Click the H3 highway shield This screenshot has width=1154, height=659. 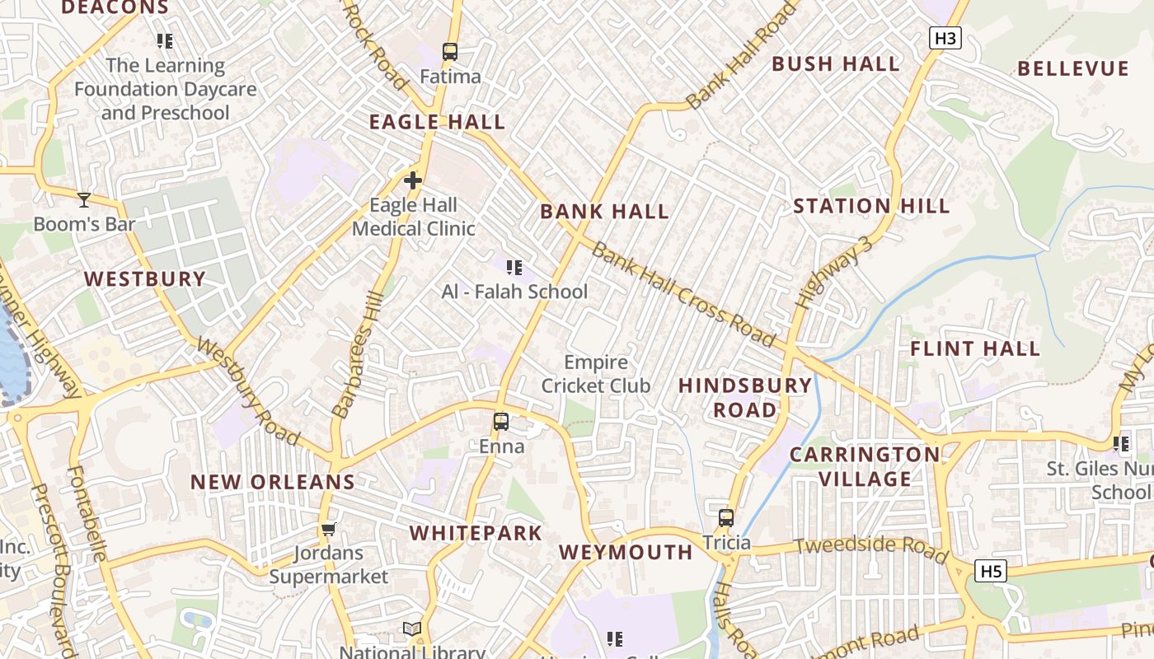coord(946,38)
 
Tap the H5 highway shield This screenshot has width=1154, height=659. coord(990,571)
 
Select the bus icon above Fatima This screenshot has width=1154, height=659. coord(449,52)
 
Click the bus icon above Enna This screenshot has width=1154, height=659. coord(500,422)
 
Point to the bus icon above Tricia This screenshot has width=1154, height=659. coord(725,518)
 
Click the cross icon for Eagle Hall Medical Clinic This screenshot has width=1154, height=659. coord(413,180)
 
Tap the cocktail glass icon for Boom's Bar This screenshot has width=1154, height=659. coord(83,199)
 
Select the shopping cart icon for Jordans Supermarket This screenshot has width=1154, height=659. coord(328,529)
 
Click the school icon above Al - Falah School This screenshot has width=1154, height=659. coord(514,267)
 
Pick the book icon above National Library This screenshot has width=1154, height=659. coord(412,629)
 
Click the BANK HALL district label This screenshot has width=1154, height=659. coord(604,212)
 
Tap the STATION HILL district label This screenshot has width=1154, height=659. coord(871,206)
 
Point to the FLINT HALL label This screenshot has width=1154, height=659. coord(974,349)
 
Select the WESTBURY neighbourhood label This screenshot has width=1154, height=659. coord(145,279)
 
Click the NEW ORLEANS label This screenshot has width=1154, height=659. coord(273,482)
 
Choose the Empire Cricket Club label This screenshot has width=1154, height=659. coord(596,374)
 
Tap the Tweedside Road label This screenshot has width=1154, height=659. coord(870,549)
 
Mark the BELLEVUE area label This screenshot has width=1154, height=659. coord(1072,68)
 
